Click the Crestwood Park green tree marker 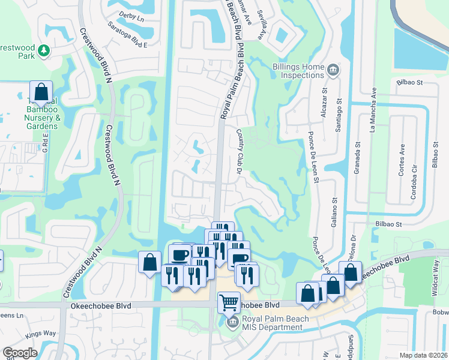[43, 51]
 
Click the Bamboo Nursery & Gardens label [43, 114]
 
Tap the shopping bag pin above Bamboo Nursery [41, 93]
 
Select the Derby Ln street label [132, 19]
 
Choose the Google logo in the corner [20, 353]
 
